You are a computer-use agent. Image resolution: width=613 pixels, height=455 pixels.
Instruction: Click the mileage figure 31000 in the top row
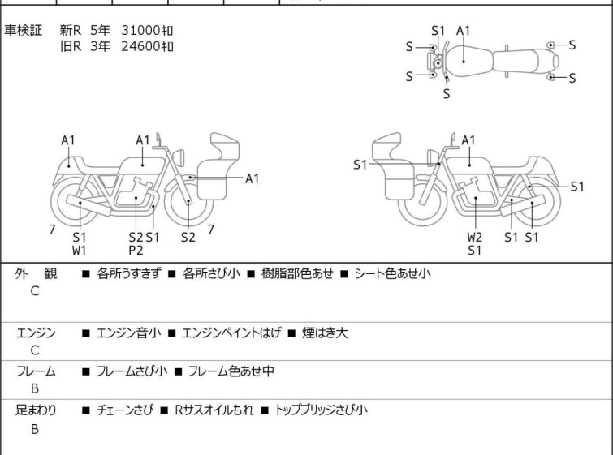pos(140,30)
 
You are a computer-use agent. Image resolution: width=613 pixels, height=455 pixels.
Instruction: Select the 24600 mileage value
pos(140,46)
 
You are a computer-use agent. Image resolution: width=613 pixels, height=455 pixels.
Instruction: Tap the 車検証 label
pos(23,30)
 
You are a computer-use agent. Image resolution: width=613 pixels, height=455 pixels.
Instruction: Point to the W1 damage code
pos(80,251)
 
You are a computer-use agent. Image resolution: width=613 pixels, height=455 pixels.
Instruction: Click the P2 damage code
pos(136,251)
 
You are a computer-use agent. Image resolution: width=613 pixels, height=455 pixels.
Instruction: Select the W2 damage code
pos(475,237)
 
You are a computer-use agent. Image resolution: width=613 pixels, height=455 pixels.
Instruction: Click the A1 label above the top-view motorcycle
pos(464,31)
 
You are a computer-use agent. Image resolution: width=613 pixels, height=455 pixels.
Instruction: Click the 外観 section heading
pos(36,273)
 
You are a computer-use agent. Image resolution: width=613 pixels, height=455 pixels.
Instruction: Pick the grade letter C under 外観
pos(35,291)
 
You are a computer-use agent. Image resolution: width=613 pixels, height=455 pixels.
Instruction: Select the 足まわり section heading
pos(36,410)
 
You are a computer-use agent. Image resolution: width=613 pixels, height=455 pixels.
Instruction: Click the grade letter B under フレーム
pos(35,388)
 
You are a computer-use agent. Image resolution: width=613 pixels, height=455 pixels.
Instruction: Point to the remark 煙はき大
pos(325,333)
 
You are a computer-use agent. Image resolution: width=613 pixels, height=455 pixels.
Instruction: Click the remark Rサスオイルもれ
pos(214,410)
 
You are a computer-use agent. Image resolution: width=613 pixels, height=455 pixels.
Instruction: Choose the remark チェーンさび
pos(125,410)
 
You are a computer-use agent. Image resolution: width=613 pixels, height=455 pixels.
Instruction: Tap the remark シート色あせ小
pos(392,273)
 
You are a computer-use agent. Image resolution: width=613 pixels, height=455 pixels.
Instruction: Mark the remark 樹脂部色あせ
pos(297,273)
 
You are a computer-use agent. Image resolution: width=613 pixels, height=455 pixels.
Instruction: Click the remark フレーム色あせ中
pos(231,371)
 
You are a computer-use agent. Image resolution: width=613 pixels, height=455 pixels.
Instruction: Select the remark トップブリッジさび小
pos(322,410)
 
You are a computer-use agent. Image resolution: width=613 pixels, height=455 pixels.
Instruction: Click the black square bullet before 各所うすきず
pos(85,274)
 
